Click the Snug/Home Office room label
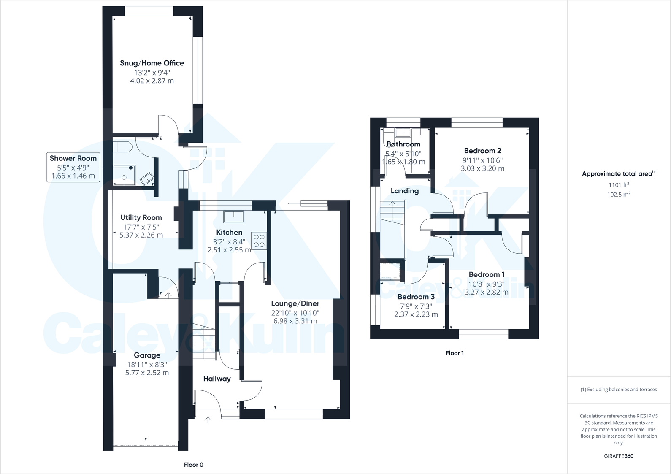(x=152, y=63)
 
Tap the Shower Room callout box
(x=73, y=167)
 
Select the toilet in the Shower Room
(x=123, y=147)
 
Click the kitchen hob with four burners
(x=259, y=241)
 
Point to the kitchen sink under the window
(x=234, y=217)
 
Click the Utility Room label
(x=141, y=218)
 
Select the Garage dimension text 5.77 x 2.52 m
(x=147, y=373)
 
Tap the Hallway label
(x=217, y=379)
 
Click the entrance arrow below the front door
(x=208, y=420)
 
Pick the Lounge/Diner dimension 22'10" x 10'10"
(x=295, y=313)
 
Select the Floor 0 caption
(x=194, y=465)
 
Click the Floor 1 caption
(x=455, y=353)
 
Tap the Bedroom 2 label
(x=482, y=151)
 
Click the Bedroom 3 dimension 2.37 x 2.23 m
(x=416, y=314)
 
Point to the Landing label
(x=404, y=191)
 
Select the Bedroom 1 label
(x=487, y=274)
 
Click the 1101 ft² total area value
(x=619, y=185)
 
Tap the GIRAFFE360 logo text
(x=619, y=456)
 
